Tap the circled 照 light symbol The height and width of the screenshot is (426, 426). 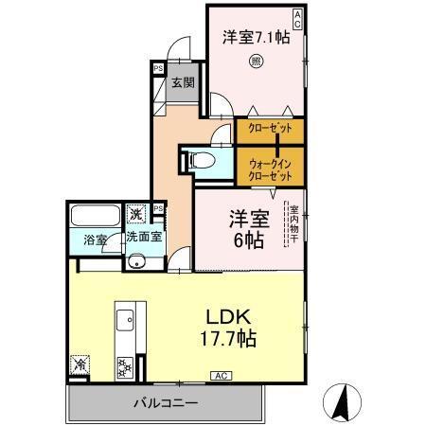tap(256, 64)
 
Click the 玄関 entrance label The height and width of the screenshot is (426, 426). tap(182, 83)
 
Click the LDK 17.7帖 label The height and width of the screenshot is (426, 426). tap(230, 327)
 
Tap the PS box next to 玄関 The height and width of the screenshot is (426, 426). tap(157, 69)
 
